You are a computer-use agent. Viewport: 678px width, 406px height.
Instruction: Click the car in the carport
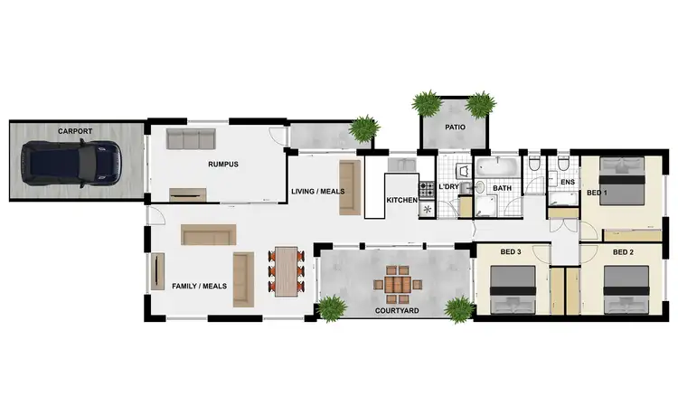point(71,163)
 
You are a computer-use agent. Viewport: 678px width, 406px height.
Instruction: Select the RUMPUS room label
point(221,165)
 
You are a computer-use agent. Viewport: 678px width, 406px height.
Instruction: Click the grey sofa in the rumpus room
point(191,138)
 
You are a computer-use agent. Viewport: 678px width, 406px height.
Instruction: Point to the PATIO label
point(455,127)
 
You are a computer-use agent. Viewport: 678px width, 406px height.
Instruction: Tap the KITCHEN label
point(401,200)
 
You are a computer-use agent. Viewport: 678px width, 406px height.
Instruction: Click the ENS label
point(568,183)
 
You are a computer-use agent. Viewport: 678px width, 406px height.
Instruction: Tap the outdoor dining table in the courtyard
point(397,284)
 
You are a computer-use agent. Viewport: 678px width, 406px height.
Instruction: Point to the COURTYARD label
point(396,311)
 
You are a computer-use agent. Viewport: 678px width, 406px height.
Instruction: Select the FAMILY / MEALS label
point(199,287)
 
